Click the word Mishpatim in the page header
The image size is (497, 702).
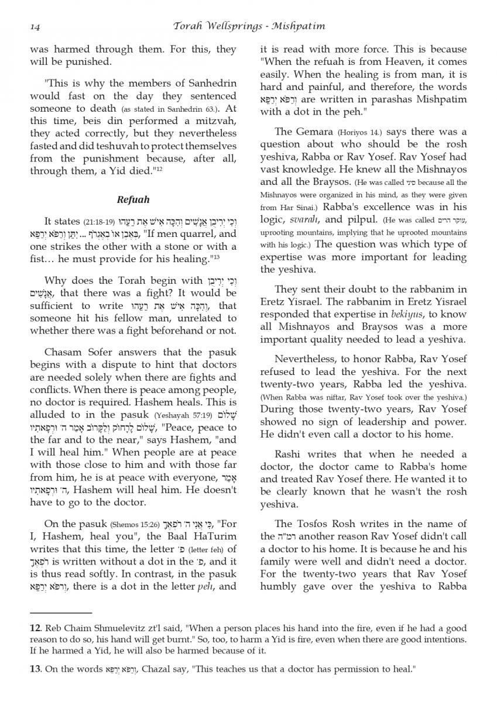click(x=300, y=26)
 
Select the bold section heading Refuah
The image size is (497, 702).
click(x=133, y=199)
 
